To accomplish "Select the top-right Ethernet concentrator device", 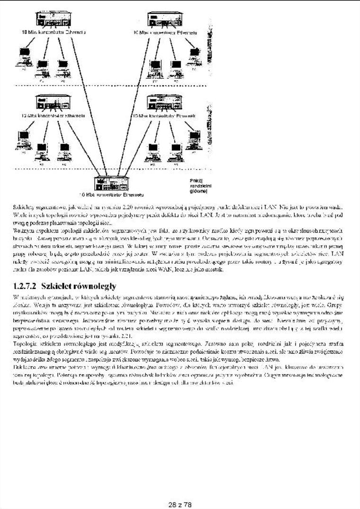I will [164, 20].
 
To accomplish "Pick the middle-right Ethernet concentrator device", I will [164, 103].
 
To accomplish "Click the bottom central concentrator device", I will [112, 183].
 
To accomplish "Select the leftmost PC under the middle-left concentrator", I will [23, 140].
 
